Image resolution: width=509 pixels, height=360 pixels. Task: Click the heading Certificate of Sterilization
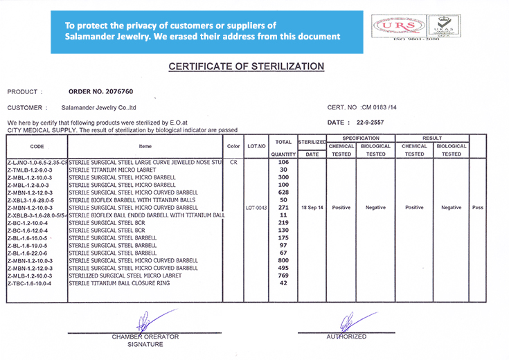tap(247, 66)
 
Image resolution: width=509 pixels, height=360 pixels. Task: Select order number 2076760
tap(101, 91)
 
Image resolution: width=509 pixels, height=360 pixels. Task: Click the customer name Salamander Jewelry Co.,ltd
tap(98, 108)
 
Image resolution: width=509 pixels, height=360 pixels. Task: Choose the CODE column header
tap(37, 146)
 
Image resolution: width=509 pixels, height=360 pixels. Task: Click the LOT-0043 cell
tap(256, 207)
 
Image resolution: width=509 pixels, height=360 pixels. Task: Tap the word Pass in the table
tap(477, 207)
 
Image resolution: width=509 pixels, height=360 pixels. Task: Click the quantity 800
tap(283, 260)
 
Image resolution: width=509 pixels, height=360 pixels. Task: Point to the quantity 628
tap(283, 192)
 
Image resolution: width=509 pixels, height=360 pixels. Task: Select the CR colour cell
tap(233, 162)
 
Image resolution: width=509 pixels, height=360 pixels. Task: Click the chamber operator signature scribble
tap(143, 322)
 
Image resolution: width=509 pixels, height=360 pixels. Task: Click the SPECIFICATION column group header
tap(359, 138)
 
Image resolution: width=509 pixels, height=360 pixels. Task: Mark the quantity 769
tap(283, 276)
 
